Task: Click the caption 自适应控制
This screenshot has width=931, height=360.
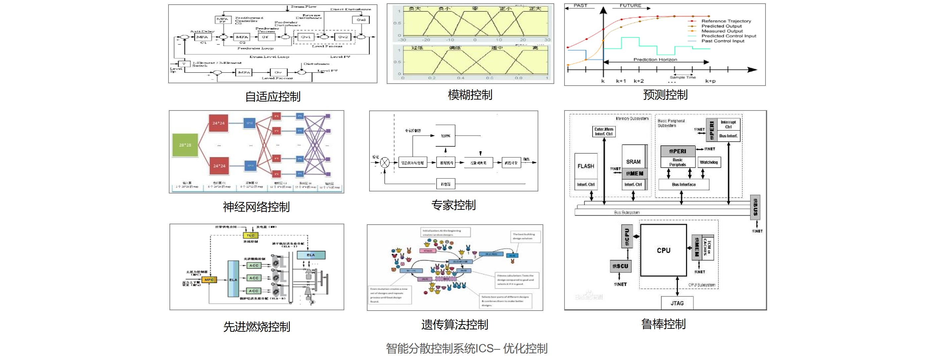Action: click(273, 97)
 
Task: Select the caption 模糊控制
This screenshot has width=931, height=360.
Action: click(470, 95)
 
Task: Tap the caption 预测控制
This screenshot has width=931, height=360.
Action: click(665, 95)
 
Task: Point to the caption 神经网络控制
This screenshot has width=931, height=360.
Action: click(256, 207)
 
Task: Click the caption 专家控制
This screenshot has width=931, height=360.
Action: click(454, 205)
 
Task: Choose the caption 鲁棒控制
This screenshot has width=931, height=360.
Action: click(663, 324)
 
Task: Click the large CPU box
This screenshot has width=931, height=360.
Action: click(663, 250)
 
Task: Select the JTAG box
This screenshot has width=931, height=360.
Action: click(677, 303)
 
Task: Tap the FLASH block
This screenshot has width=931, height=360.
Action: click(585, 166)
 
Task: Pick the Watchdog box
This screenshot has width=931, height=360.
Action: click(709, 162)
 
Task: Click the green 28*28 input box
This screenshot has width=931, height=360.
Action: click(185, 145)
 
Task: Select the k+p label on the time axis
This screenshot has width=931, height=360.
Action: click(710, 81)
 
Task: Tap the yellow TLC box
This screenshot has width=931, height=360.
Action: click(250, 235)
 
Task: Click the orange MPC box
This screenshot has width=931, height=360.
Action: click(209, 280)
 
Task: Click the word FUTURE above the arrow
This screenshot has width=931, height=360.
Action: click(630, 5)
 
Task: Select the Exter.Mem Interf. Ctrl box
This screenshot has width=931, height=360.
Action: click(604, 132)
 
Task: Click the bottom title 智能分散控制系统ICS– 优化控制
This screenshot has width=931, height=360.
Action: click(466, 348)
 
